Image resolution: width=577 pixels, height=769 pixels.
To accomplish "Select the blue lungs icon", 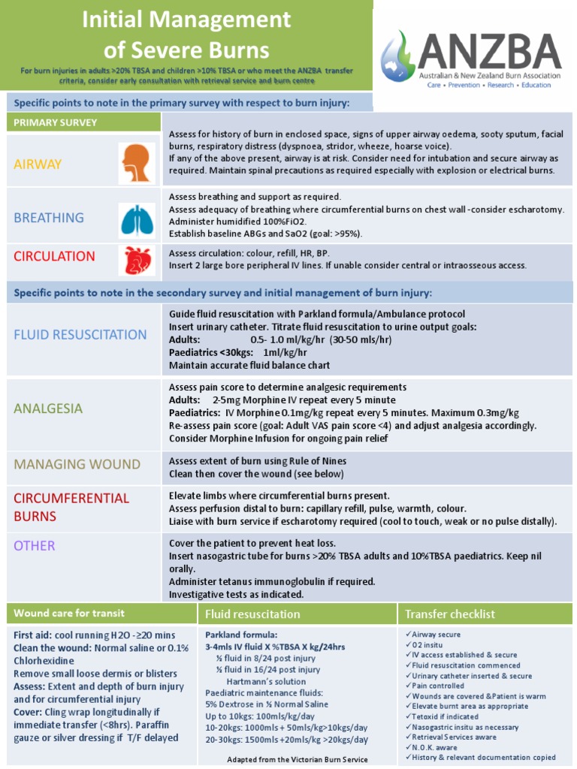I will [137, 219].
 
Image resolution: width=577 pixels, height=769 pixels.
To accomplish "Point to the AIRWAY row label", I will [38, 164].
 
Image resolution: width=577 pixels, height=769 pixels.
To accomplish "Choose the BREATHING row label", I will [48, 218].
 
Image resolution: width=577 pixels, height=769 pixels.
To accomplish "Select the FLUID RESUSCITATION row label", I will [80, 334].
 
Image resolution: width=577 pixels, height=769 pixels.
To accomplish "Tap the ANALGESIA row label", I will [48, 409].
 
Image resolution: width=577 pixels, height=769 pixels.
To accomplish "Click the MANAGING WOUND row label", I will [77, 464].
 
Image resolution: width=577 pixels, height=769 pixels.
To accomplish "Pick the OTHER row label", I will [34, 545].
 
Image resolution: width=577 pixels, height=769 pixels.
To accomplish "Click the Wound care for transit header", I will [69, 613].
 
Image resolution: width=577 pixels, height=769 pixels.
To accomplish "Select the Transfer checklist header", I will [449, 614].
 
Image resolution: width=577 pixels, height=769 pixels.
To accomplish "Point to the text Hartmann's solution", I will [266, 681].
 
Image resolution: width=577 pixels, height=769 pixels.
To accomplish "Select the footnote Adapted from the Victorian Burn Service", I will [298, 759].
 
